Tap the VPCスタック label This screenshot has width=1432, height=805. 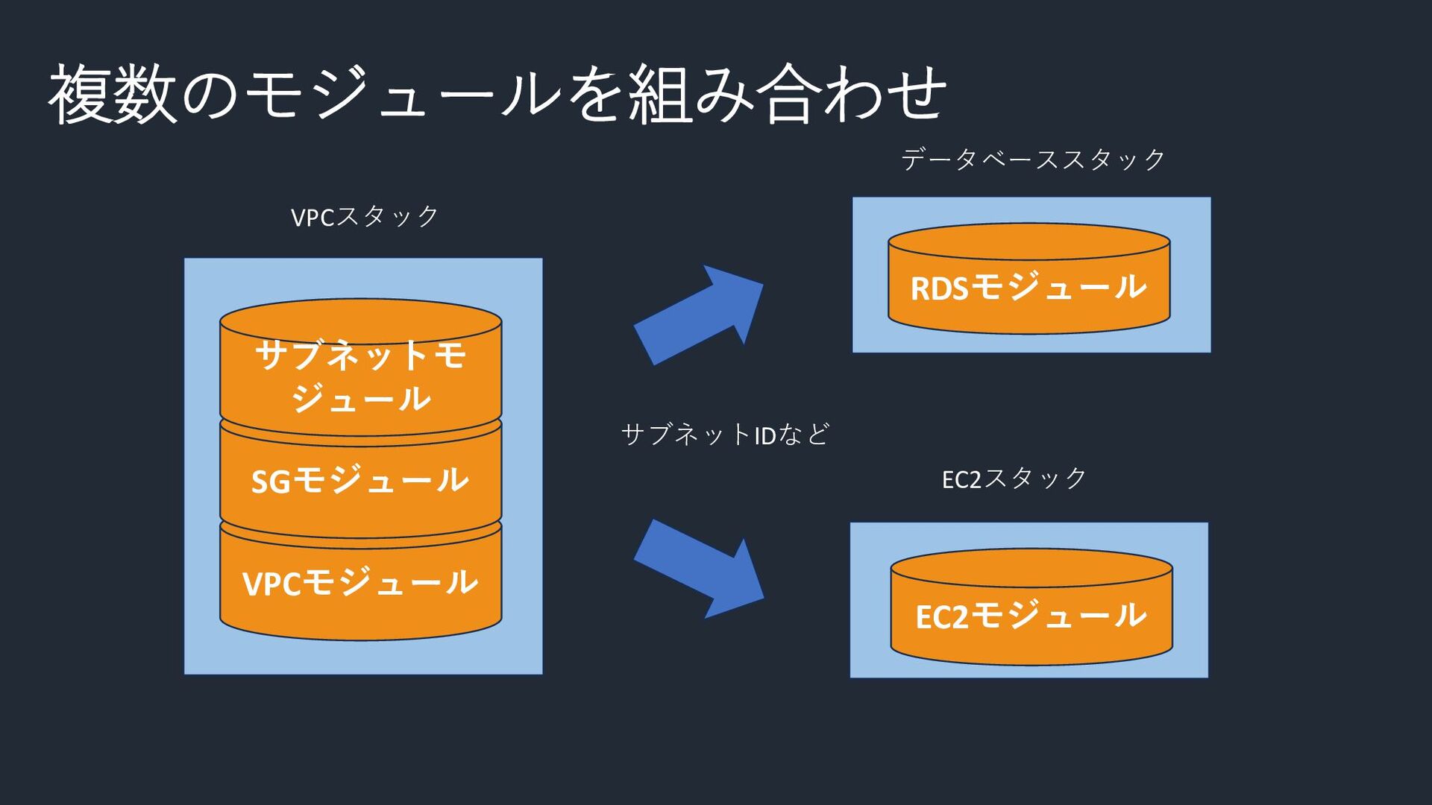[x=365, y=217]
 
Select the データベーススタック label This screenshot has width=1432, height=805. [x=1033, y=160]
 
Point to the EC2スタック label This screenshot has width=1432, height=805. [x=1014, y=479]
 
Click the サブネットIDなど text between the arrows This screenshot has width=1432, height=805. [x=725, y=435]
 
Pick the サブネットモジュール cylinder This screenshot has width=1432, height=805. [x=361, y=367]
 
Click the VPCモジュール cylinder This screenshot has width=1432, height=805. [x=361, y=580]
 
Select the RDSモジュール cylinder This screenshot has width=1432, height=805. [x=1029, y=279]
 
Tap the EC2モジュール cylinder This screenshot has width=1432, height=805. [x=1031, y=607]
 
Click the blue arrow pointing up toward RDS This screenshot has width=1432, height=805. [x=699, y=315]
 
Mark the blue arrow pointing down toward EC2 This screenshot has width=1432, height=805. [x=699, y=569]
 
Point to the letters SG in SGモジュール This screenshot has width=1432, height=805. [x=270, y=482]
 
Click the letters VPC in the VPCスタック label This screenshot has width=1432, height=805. [x=313, y=218]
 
